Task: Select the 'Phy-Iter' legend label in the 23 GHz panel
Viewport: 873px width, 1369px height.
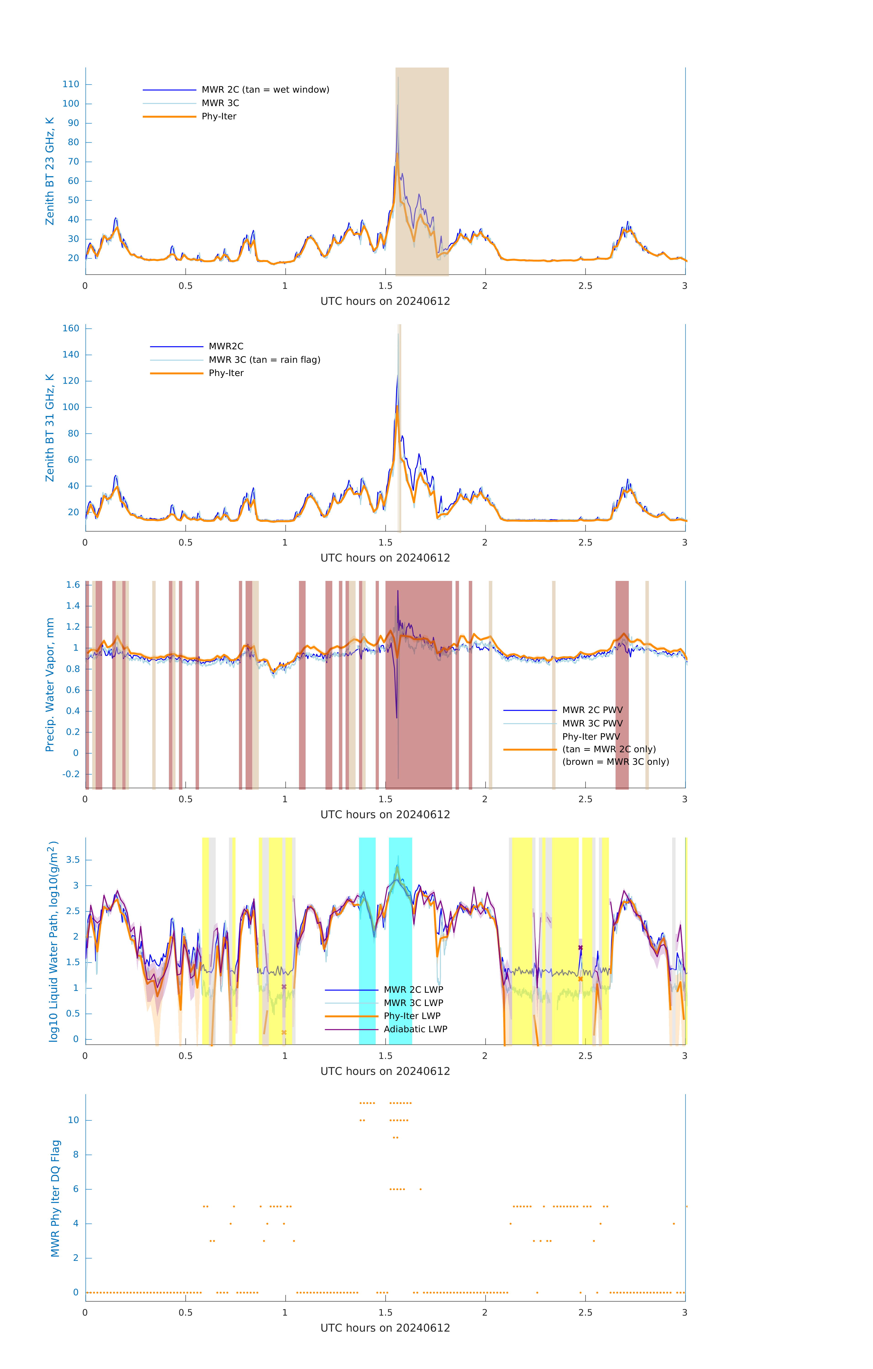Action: (x=219, y=117)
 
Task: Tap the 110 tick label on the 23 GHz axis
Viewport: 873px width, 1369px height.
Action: (x=71, y=84)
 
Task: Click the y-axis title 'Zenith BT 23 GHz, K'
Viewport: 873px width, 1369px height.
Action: (x=50, y=171)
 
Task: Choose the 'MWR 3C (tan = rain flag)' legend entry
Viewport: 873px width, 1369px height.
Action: (x=265, y=360)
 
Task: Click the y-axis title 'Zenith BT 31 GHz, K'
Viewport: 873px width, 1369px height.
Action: (x=50, y=428)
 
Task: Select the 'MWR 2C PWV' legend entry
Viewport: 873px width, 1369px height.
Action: (x=592, y=710)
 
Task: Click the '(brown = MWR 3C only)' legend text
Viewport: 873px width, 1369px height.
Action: (x=615, y=762)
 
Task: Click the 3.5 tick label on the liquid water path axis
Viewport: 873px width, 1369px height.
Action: (x=73, y=860)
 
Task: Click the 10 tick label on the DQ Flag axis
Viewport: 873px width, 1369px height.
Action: (x=73, y=1120)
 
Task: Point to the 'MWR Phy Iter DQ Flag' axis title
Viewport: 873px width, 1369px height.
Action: (x=55, y=1198)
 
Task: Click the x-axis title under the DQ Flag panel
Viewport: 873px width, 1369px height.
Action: (x=385, y=1328)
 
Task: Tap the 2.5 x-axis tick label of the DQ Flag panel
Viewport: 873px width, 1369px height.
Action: (x=585, y=1313)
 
